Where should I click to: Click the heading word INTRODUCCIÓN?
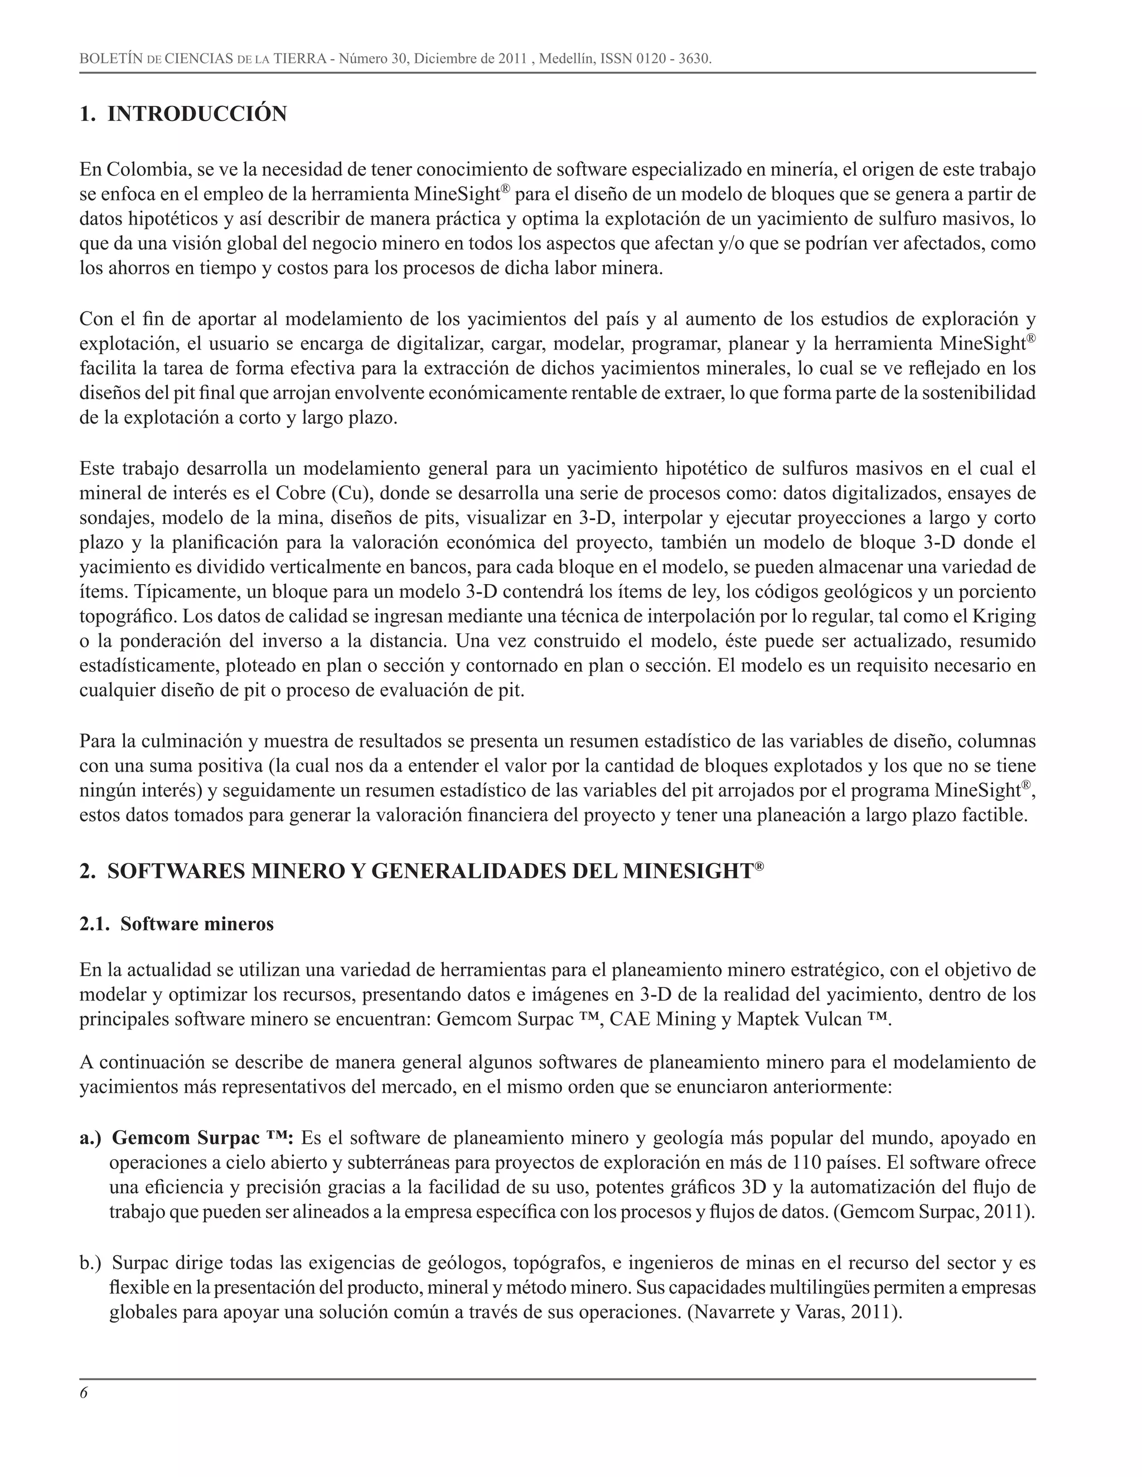197,114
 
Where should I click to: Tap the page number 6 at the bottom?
84,1393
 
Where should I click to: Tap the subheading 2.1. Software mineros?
177,924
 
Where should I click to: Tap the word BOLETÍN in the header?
111,59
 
